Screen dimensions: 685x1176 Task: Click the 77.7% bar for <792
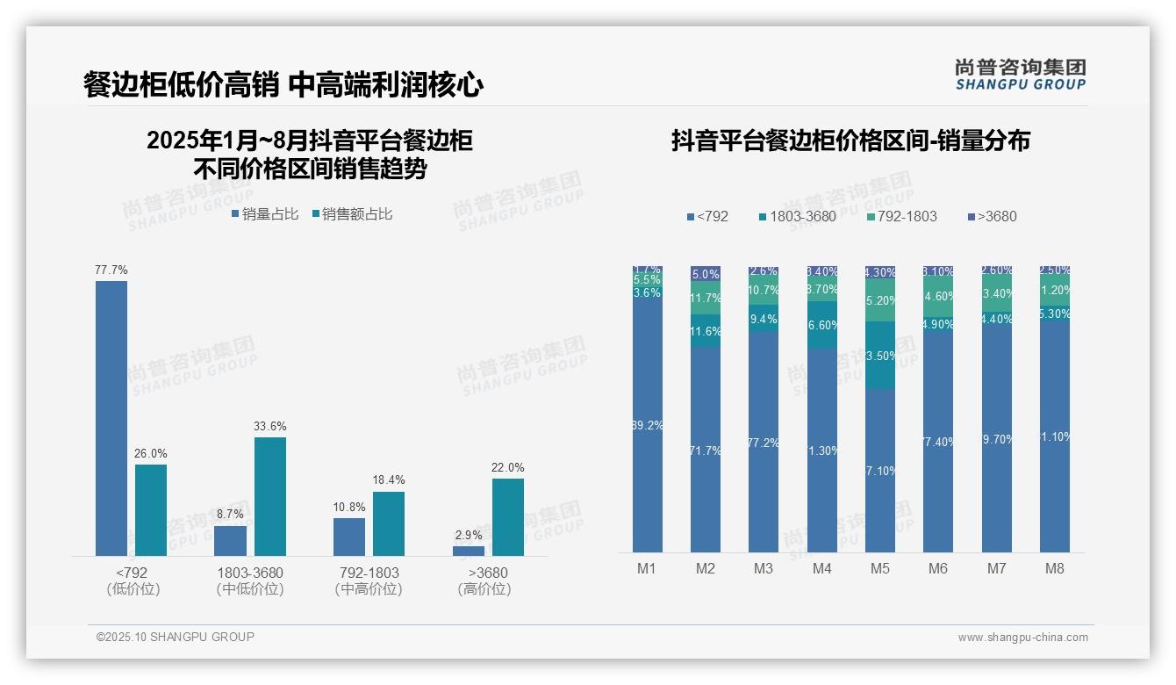click(x=111, y=418)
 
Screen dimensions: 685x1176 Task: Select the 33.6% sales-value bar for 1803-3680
click(x=270, y=496)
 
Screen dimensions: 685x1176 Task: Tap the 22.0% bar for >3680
click(x=507, y=516)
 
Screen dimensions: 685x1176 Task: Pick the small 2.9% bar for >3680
click(x=469, y=551)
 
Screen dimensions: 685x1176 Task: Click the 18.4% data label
click(x=389, y=480)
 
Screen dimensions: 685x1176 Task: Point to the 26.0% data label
click(x=151, y=453)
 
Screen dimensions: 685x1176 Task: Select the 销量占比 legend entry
click(x=265, y=214)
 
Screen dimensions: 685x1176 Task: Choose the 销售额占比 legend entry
click(x=352, y=214)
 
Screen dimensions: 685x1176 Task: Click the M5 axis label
click(x=880, y=568)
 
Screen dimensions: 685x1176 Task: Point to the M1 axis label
click(x=647, y=568)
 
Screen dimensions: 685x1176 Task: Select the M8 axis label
click(x=1055, y=568)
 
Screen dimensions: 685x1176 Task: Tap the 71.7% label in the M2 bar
click(x=706, y=451)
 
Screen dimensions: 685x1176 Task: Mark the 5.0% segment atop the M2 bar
click(x=706, y=274)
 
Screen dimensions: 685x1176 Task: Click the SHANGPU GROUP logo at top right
click(x=1021, y=75)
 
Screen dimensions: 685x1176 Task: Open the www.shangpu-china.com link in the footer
click(x=1022, y=638)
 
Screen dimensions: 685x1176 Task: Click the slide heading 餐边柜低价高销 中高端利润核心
click(x=283, y=84)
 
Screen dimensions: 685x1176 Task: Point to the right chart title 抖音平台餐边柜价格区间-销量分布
click(x=850, y=141)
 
